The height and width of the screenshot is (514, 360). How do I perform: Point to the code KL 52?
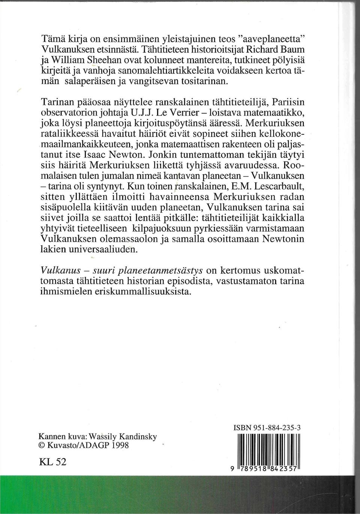tap(52, 462)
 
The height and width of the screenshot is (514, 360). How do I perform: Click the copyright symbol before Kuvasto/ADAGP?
tap(42, 445)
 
